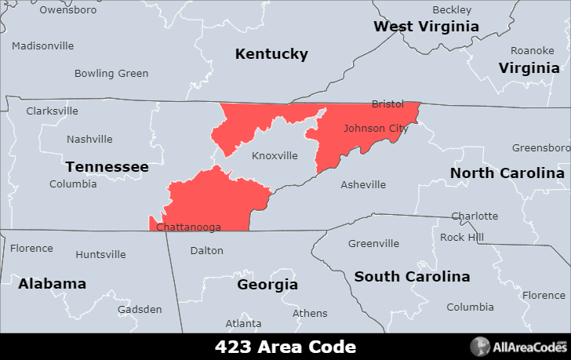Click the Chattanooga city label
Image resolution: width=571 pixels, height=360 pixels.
point(188,227)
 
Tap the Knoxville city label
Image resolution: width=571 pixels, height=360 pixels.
point(275,156)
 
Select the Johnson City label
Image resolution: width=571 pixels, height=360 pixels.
point(374,128)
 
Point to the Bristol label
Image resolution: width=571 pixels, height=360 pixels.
point(387,104)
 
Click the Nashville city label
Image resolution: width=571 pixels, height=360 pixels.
point(89,140)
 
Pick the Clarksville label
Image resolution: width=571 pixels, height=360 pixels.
point(52,111)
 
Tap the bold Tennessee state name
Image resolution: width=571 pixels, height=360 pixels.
point(107,167)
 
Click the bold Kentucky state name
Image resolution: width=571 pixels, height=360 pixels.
point(271,54)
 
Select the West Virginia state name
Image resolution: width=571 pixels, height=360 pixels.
point(426,27)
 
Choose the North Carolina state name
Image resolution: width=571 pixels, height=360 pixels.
point(507,173)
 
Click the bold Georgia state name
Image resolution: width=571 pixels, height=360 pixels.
point(267,285)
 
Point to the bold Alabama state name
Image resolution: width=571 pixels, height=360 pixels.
point(52,284)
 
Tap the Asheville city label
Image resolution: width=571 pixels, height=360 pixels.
point(363,185)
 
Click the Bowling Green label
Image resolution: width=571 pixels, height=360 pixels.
point(111,74)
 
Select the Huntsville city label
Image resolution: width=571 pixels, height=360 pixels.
point(100,255)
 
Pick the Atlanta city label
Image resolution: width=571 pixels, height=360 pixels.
point(244,324)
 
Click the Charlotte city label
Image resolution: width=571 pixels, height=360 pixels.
point(475,216)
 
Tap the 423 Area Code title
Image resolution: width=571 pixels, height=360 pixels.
point(285,347)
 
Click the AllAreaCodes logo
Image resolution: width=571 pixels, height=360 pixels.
point(518,347)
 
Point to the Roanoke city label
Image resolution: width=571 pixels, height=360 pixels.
point(532,50)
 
